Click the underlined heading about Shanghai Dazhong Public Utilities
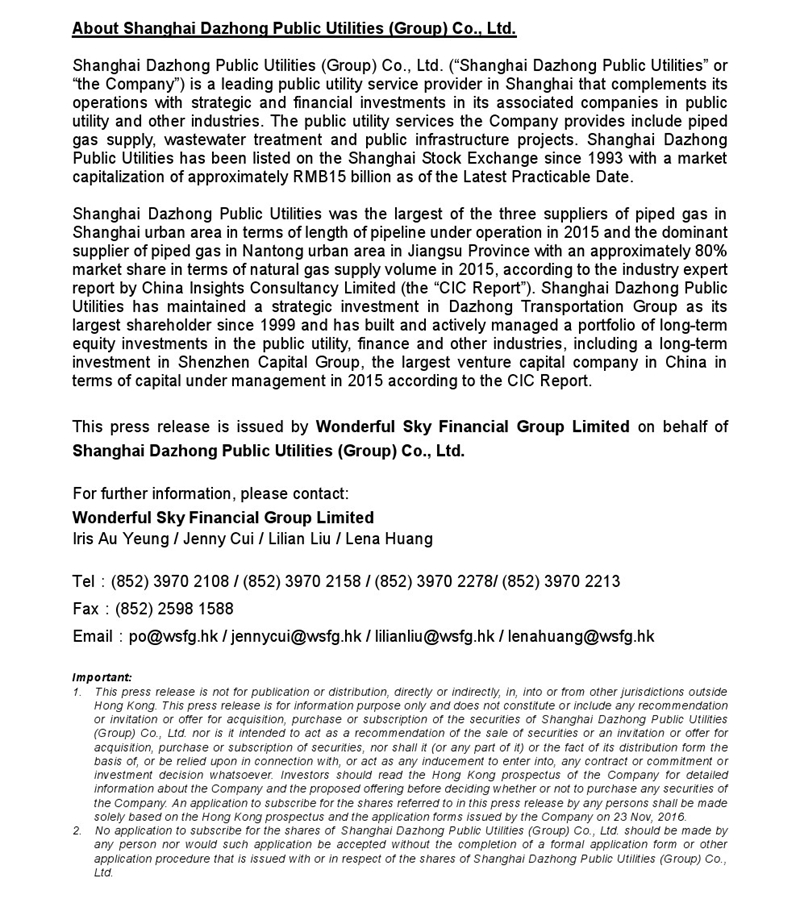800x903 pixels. (x=294, y=27)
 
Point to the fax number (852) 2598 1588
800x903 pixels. (x=175, y=608)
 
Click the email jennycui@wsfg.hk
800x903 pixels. (x=296, y=636)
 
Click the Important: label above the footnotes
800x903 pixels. (x=102, y=677)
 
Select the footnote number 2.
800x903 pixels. (x=77, y=830)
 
